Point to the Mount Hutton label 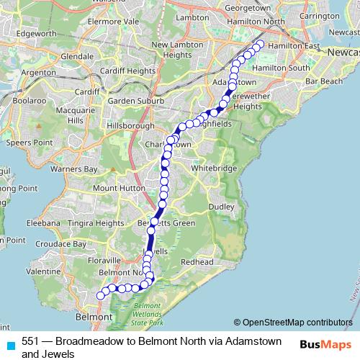[x=114, y=189]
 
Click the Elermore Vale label [x=112, y=22]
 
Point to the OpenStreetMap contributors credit [x=293, y=322]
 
